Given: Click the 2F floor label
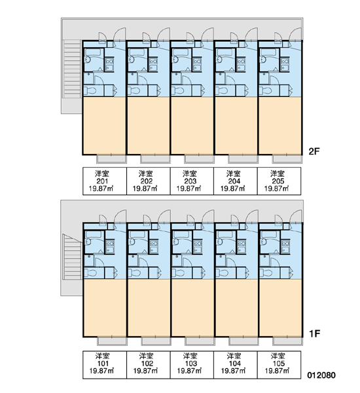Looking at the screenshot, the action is click(x=314, y=151).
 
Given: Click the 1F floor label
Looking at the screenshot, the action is click(x=314, y=334).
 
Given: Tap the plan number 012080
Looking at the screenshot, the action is click(x=321, y=375).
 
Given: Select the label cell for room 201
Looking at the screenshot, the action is click(x=105, y=181).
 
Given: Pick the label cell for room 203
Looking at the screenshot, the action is click(x=192, y=181).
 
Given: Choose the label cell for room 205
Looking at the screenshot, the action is click(x=279, y=181).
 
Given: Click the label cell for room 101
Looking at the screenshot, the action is click(x=105, y=365).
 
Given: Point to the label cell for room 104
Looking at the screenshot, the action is click(x=236, y=365).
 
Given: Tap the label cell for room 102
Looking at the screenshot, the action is click(x=149, y=365).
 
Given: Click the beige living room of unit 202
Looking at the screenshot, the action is click(x=149, y=126).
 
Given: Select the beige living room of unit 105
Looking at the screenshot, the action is click(x=281, y=308).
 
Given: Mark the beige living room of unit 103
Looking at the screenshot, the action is click(x=192, y=308).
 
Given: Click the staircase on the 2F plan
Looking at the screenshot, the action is click(x=72, y=69).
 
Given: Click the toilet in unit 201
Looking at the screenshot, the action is click(x=90, y=90).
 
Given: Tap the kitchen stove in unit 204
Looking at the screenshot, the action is click(x=241, y=61).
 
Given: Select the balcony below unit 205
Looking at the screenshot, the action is click(x=287, y=159).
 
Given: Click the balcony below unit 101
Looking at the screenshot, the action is click(x=112, y=341).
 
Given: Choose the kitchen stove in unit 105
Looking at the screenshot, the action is click(x=285, y=243).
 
